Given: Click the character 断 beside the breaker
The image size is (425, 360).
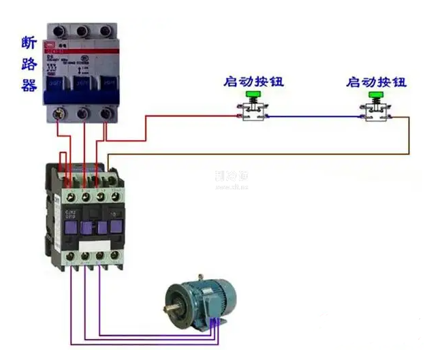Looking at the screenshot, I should pyautogui.click(x=29, y=43).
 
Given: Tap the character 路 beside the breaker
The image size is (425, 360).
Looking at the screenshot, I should pyautogui.click(x=29, y=65).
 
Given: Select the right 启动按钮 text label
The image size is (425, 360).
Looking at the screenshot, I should pyautogui.click(x=376, y=82).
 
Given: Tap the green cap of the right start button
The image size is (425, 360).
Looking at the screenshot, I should pyautogui.click(x=376, y=95).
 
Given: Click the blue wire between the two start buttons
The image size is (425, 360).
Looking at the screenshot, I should pyautogui.click(x=313, y=117).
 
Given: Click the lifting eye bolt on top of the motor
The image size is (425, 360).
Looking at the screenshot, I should pyautogui.click(x=202, y=278).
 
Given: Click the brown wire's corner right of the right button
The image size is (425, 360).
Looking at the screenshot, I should pyautogui.click(x=409, y=118).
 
